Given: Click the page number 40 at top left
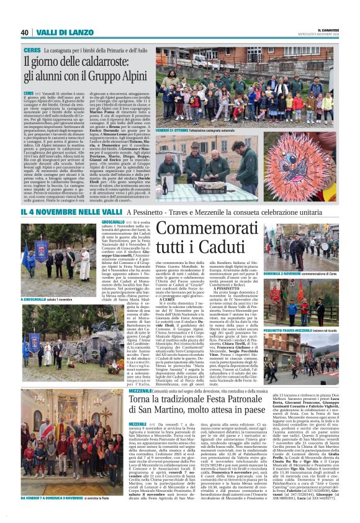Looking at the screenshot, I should (x=24, y=32).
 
